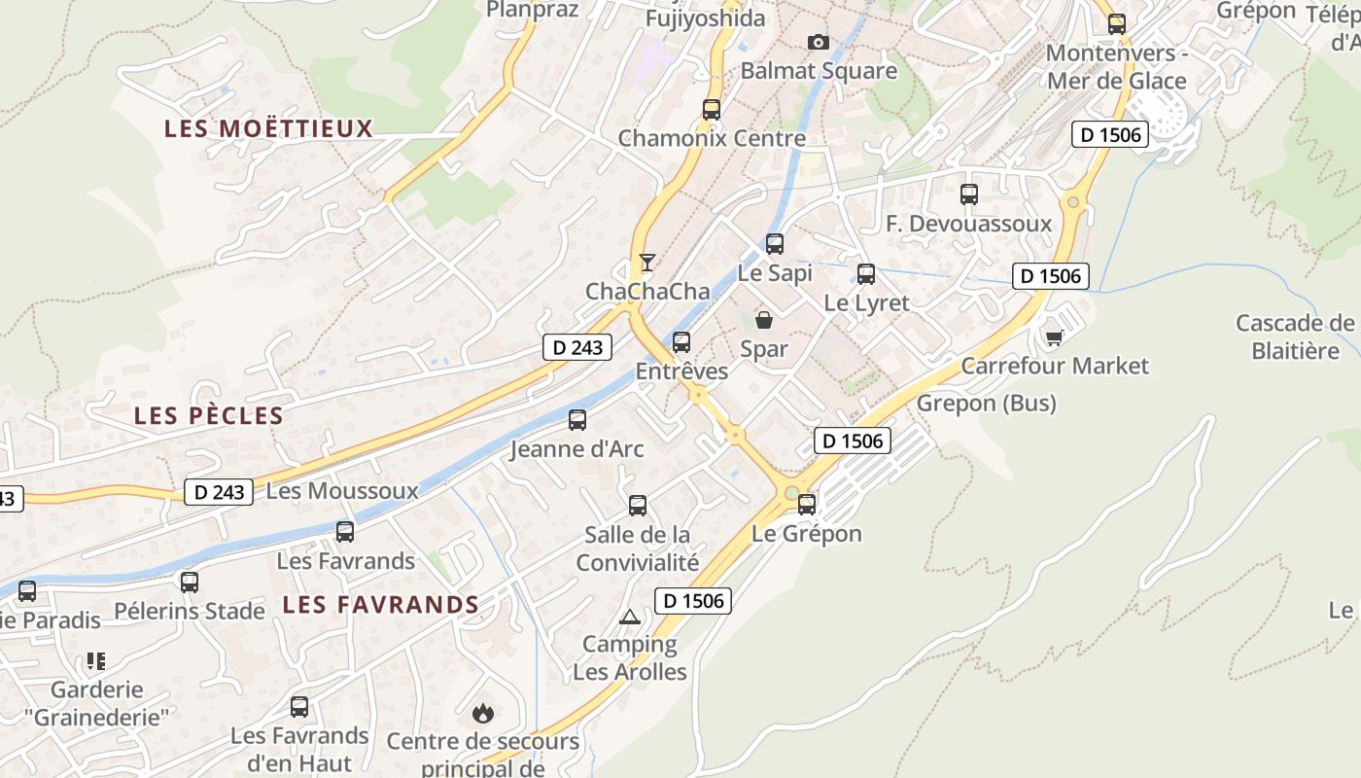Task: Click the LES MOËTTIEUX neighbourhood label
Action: coord(268,128)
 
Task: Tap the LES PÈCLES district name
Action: coord(208,416)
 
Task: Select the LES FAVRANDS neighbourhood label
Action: coord(380,605)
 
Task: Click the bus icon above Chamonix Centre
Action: coord(712,110)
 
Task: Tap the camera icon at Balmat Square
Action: coord(819,42)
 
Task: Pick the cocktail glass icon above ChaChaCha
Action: coord(647,262)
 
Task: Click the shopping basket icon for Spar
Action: coord(764,319)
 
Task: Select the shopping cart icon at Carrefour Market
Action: coord(1054,337)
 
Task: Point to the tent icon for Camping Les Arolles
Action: coord(630,616)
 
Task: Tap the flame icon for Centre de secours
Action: coord(482,714)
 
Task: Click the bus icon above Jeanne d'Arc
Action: coord(577,420)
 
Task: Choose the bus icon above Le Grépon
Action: coord(807,505)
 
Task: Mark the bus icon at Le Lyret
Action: coord(866,274)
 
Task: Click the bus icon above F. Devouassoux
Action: coord(969,194)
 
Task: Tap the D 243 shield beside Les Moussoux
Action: coord(219,492)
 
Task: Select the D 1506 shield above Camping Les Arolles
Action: coord(692,601)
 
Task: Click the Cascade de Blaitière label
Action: coord(1295,336)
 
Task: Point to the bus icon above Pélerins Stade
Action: coord(190,583)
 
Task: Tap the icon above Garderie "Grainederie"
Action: coord(95,661)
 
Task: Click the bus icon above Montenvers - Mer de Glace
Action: coord(1117,24)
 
